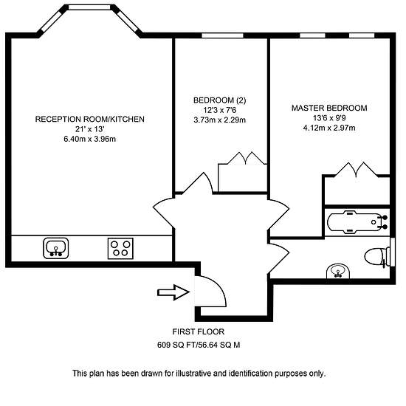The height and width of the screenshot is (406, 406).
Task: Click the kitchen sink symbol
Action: click(55, 248)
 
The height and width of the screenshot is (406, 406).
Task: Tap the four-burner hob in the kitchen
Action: click(120, 249)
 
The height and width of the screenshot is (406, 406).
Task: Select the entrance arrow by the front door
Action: click(173, 292)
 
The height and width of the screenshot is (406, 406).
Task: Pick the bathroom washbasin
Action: click(338, 272)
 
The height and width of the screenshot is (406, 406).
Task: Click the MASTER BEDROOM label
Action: click(329, 108)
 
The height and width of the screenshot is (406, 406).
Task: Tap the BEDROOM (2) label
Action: click(219, 100)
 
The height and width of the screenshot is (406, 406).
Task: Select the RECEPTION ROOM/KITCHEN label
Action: click(89, 119)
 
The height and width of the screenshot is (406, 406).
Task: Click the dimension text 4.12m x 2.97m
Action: click(329, 128)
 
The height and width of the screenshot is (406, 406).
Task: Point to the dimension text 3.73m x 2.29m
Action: click(219, 120)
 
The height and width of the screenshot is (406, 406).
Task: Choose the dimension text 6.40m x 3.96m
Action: click(89, 139)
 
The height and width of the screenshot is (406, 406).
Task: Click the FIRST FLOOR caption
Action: click(199, 331)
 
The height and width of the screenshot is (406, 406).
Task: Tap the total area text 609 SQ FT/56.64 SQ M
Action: click(199, 345)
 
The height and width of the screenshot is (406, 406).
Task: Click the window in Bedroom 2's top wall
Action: click(222, 35)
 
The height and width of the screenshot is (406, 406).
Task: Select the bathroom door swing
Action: click(279, 256)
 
